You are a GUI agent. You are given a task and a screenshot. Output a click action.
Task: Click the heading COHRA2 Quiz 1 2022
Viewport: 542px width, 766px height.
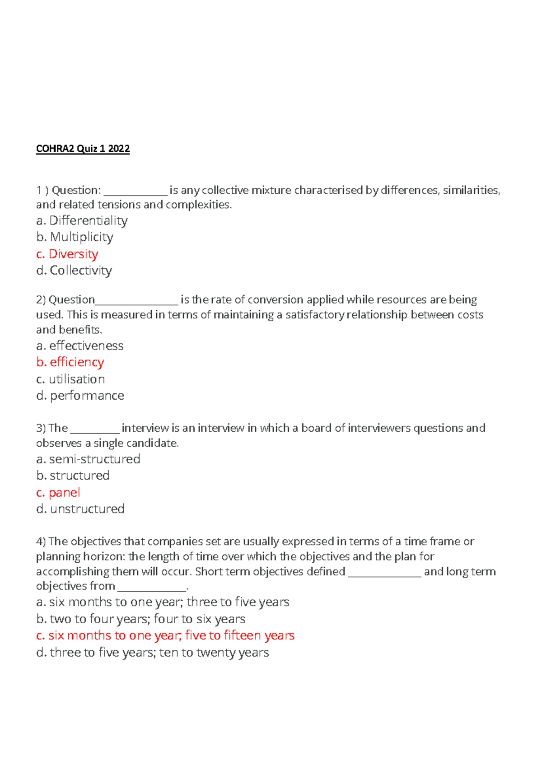[x=83, y=149]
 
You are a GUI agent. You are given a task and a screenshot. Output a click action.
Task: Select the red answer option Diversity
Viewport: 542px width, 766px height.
[x=67, y=254]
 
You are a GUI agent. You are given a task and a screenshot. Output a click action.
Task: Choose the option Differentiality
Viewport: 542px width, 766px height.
[x=82, y=220]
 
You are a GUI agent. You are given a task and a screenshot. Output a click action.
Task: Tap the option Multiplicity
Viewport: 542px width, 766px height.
[x=75, y=237]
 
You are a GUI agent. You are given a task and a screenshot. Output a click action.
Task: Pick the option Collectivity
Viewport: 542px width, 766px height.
[x=74, y=271]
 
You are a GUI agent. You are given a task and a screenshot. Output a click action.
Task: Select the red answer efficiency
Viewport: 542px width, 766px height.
[x=70, y=362]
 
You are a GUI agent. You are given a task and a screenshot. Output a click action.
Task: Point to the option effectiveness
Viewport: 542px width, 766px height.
[x=79, y=346]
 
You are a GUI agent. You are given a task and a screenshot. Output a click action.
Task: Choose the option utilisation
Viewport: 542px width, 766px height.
[x=70, y=379]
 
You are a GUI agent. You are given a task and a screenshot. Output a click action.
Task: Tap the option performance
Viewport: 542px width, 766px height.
[x=80, y=396]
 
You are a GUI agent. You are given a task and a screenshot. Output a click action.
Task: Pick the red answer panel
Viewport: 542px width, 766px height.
[x=58, y=492]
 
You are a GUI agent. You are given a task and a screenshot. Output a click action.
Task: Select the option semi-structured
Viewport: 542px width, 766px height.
[x=88, y=459]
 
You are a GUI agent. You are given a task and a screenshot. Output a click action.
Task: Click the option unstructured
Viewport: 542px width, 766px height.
[x=80, y=509]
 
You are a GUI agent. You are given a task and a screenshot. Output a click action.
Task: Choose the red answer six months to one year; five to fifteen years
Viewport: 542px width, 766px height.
[x=165, y=635]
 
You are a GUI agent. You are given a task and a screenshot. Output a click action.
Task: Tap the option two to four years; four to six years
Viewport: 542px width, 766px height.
[x=141, y=619]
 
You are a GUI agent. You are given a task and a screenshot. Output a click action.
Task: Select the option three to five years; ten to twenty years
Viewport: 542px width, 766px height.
[x=153, y=652]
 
